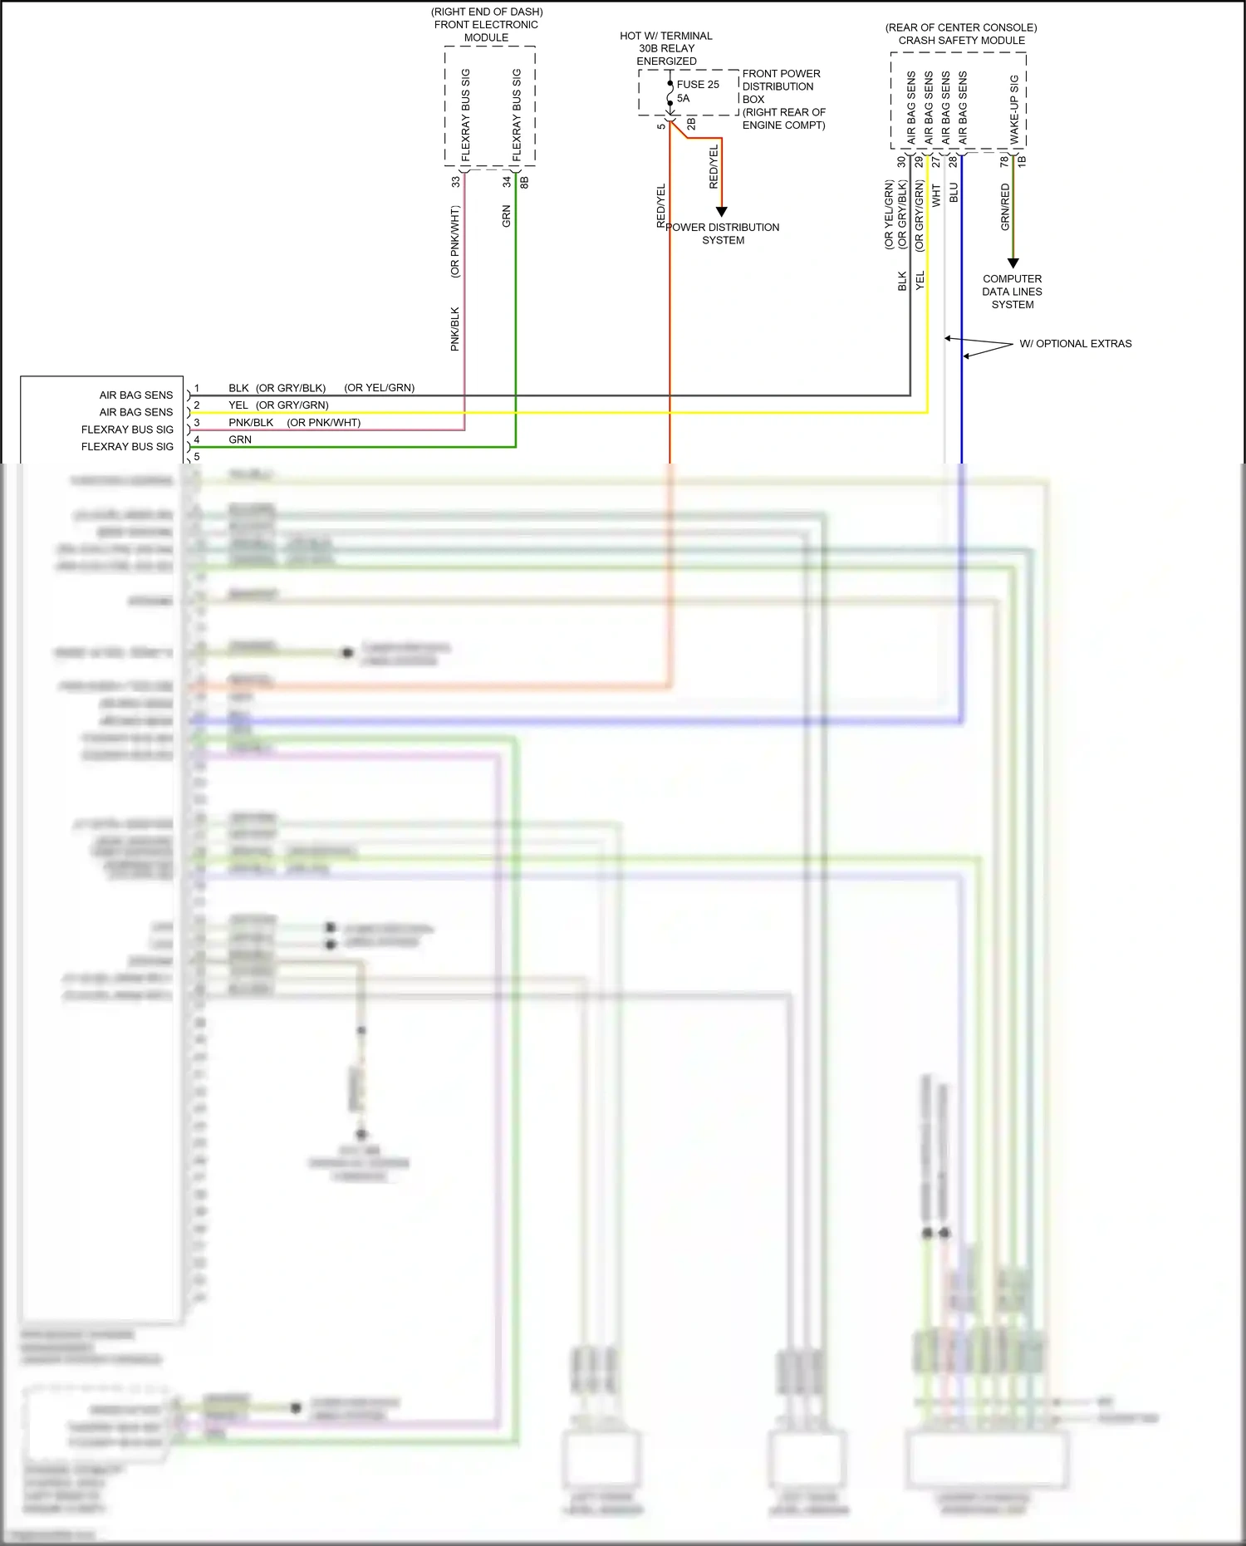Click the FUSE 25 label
tap(698, 84)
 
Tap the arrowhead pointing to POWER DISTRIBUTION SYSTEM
tap(721, 212)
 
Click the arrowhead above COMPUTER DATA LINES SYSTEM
tap(1013, 263)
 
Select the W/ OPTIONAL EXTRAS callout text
tap(1075, 343)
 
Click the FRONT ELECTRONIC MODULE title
tap(486, 31)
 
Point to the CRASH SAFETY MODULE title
tap(961, 40)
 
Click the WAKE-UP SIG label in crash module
tap(1014, 109)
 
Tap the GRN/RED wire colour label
tap(1005, 207)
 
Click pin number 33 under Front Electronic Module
tap(456, 181)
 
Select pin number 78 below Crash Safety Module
tap(1004, 160)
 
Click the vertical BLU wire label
tap(954, 193)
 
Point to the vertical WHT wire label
tap(936, 196)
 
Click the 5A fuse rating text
tap(683, 98)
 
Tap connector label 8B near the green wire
tap(524, 182)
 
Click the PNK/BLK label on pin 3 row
tap(251, 422)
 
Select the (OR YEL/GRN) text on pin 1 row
tap(379, 387)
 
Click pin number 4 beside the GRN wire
tap(197, 439)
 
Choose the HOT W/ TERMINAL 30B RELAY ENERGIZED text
tap(666, 48)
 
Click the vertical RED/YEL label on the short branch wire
tap(714, 166)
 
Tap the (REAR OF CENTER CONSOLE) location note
tap(961, 27)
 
